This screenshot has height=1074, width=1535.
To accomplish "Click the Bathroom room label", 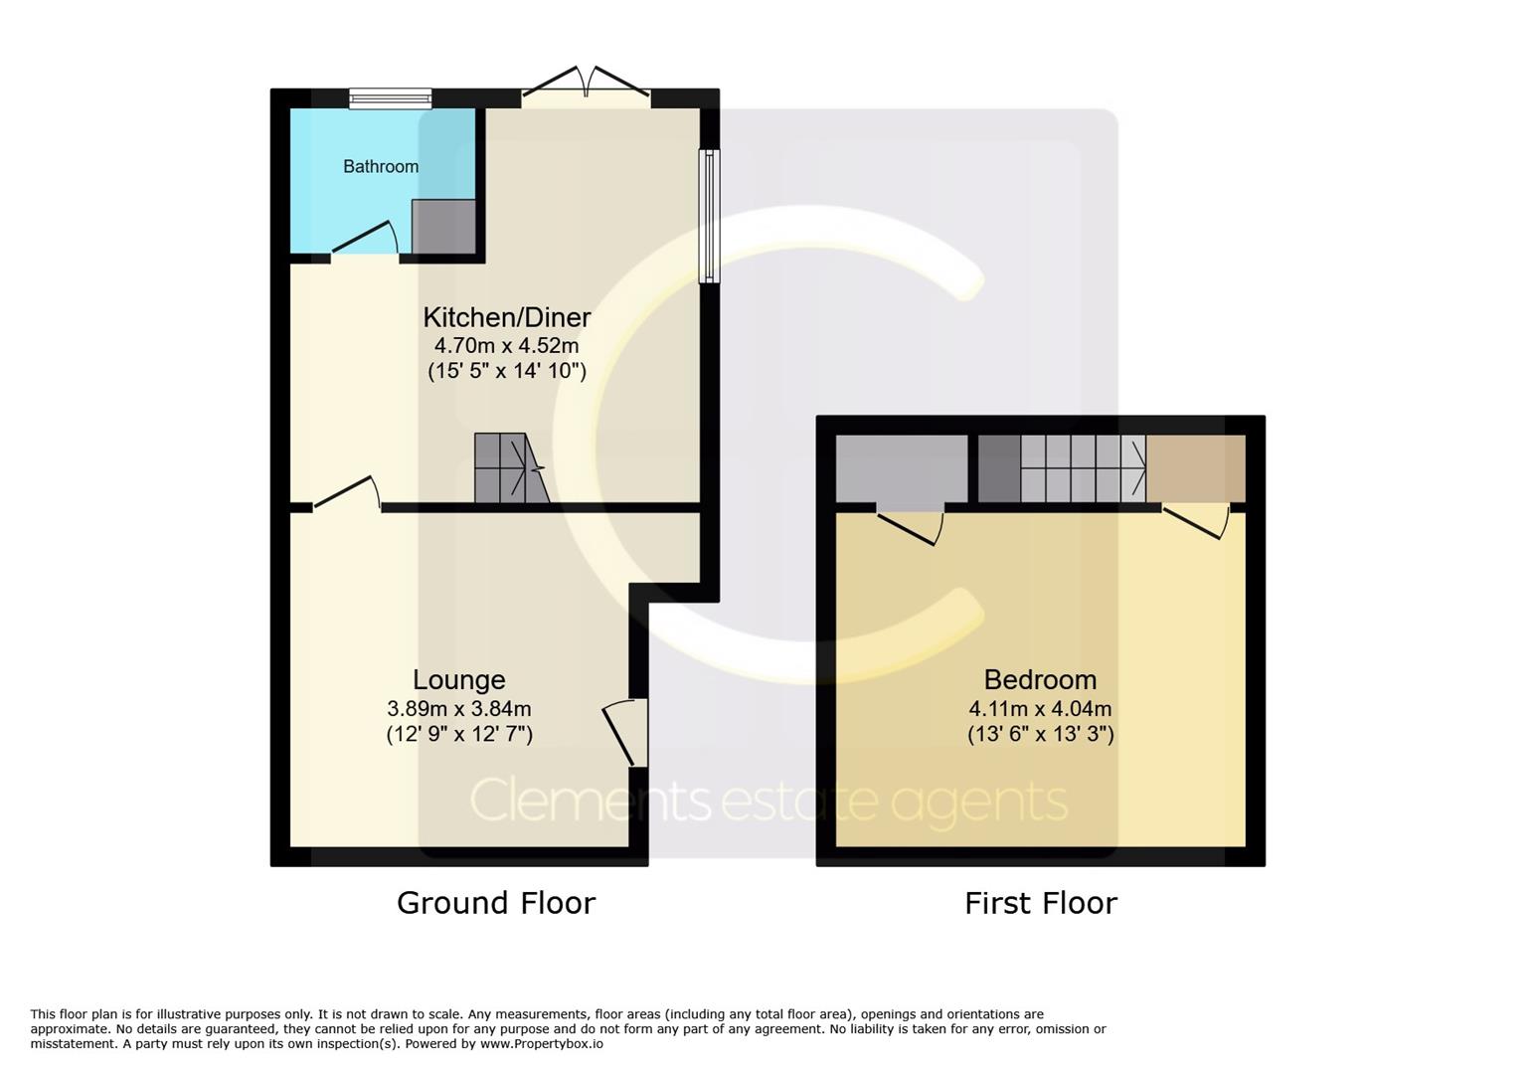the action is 381,166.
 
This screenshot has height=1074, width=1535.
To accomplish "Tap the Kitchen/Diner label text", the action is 506,317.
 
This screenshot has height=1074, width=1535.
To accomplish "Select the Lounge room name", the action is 459,680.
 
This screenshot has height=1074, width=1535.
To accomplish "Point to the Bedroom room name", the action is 1040,680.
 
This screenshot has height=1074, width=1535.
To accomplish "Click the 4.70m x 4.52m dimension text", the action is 506,345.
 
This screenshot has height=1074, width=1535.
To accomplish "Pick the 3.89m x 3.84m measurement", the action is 459,708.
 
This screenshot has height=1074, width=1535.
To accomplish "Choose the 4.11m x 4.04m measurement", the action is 1040,708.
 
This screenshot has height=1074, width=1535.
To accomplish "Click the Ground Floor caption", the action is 496,903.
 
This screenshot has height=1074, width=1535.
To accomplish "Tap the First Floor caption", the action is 1041,903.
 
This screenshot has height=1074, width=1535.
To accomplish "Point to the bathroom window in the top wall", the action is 391,98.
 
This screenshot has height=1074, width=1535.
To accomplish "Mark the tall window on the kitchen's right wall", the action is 710,216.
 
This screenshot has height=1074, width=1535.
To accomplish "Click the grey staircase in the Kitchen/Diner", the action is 511,468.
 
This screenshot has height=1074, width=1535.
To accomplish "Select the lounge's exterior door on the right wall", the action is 625,732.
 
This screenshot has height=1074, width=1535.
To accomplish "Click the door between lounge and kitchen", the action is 347,493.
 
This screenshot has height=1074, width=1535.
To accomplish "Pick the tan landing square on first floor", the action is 1196,468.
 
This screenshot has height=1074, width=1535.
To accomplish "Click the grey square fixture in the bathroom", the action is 443,226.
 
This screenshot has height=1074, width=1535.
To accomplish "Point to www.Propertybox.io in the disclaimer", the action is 542,1044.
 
